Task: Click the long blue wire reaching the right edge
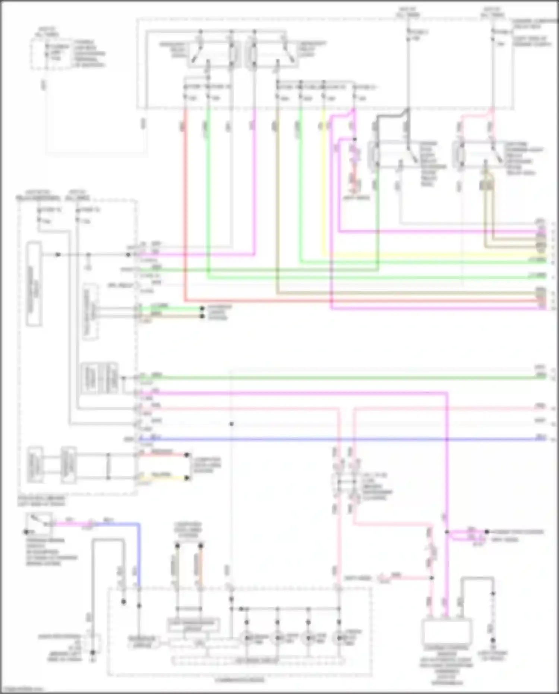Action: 335,439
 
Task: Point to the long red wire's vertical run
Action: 184,205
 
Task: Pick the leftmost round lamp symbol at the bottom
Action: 246,638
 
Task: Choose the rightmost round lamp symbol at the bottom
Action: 339,638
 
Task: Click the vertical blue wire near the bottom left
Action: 139,556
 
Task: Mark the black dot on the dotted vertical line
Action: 231,424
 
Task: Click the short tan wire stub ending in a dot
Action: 171,316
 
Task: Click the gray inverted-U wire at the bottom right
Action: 477,582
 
